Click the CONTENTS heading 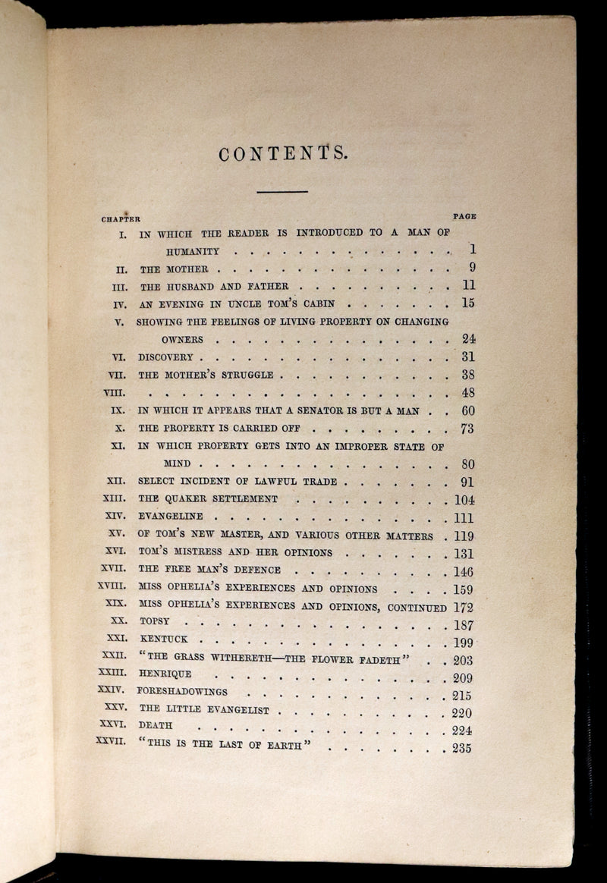(283, 154)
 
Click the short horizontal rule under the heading (281, 192)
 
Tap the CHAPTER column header (121, 219)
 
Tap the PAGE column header (464, 216)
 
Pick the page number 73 (467, 429)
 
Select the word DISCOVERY (166, 357)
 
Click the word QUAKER (184, 499)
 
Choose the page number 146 (462, 572)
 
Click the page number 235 (461, 749)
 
